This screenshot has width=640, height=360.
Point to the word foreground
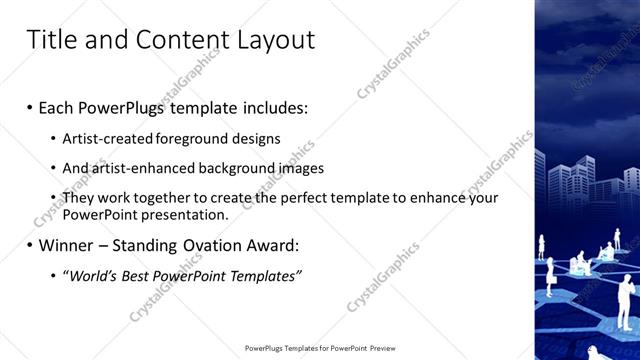tap(190, 137)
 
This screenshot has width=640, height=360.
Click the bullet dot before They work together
tap(53, 199)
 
